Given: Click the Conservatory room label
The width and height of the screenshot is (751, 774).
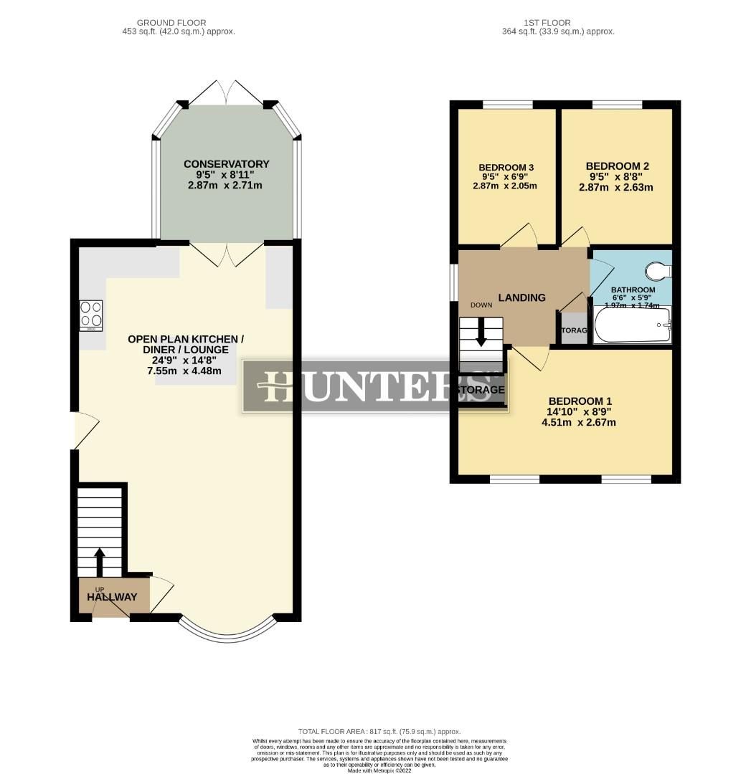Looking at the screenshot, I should [x=226, y=164].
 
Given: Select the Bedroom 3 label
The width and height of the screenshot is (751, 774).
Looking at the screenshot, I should [x=506, y=168].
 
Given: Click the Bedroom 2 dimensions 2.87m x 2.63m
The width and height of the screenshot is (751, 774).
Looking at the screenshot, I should [x=615, y=188].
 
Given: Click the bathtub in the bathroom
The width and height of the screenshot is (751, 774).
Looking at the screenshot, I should [x=632, y=325].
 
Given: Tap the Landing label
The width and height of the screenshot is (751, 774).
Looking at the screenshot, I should [x=521, y=297].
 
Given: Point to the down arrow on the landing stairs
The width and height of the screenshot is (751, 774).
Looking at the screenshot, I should [x=481, y=333].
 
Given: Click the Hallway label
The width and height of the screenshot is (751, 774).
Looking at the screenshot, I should [x=112, y=597].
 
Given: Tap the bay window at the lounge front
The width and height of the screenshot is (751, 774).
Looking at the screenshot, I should [x=227, y=629].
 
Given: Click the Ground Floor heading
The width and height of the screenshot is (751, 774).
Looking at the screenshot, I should [x=179, y=23].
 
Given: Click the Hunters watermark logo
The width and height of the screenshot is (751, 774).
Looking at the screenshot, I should [x=375, y=386].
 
